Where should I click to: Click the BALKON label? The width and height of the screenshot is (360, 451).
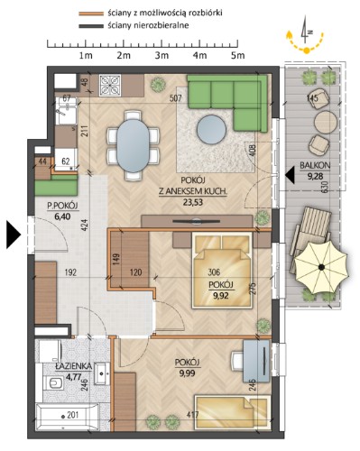[315, 165]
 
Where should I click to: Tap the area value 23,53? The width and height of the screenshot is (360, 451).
[193, 202]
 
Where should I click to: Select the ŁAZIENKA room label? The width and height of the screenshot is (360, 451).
[73, 366]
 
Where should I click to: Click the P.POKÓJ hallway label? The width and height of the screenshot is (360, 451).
[62, 206]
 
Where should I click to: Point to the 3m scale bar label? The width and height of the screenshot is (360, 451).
[162, 55]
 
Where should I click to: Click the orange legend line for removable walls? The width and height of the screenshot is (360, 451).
[91, 14]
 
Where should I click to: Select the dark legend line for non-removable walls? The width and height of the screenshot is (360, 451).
[91, 26]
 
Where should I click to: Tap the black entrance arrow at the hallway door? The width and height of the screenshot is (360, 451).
[14, 235]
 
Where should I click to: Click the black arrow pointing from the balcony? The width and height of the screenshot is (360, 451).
[290, 175]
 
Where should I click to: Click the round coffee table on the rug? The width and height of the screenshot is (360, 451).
[211, 129]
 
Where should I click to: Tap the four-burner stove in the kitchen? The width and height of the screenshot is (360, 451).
[110, 86]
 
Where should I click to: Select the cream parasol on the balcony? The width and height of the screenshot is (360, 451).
[321, 267]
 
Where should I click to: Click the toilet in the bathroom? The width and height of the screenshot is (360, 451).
[54, 383]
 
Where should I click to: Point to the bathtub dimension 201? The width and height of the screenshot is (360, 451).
[72, 415]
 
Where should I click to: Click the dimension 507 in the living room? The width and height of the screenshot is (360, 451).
[176, 98]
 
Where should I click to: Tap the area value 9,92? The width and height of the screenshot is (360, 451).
[221, 296]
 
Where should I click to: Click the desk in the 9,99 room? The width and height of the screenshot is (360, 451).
[256, 361]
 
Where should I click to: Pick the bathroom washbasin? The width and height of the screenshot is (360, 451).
[102, 373]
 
